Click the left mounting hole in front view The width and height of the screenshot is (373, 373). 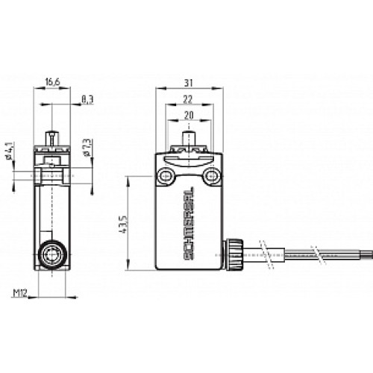point(165,177)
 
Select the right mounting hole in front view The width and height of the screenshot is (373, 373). point(214,177)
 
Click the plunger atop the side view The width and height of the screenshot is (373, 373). point(52,140)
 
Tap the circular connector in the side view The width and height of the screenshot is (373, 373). point(52,255)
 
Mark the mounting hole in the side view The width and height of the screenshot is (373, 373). point(52,177)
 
